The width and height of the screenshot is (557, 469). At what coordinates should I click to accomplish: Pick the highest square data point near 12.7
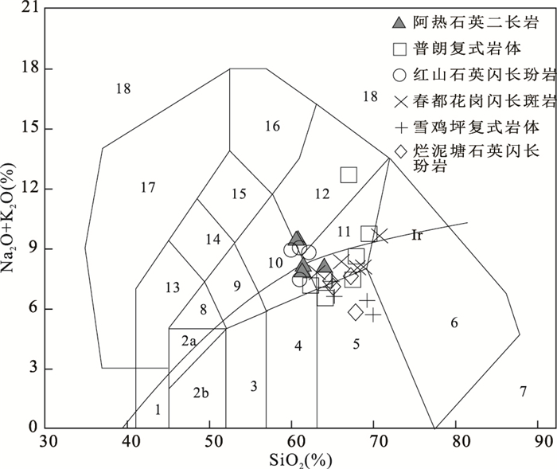pos(349,174)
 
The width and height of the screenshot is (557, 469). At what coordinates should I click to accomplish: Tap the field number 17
pos(147,188)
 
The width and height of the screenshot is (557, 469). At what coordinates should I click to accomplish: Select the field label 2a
pos(188,341)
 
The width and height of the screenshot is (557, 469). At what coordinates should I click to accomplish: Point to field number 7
pos(523,391)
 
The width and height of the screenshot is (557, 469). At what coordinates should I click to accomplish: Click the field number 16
pos(272,126)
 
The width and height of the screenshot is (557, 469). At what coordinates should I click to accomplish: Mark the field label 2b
pos(200,392)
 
